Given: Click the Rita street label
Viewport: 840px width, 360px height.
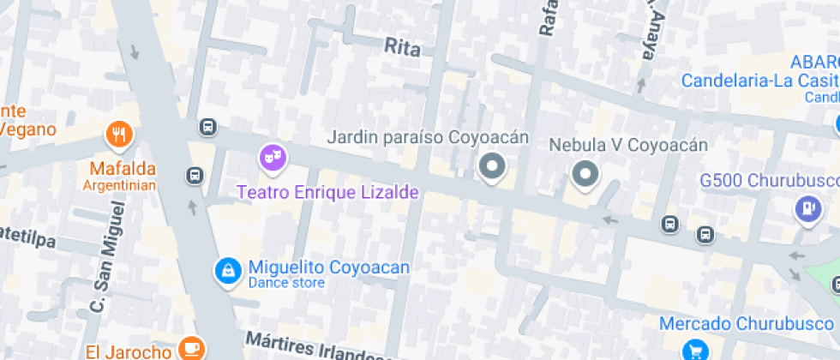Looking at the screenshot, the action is (402, 47).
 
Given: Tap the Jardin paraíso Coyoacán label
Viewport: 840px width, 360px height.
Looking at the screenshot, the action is (428, 137).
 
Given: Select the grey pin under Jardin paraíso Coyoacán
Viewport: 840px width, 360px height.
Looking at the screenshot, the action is (492, 167).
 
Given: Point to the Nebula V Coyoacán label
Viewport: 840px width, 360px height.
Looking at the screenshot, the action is (628, 144).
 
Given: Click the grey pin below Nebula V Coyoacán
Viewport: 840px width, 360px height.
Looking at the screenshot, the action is (586, 175).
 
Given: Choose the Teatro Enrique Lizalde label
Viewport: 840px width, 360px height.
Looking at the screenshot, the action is (327, 192).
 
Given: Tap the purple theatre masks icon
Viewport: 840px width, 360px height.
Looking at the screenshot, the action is (273, 157).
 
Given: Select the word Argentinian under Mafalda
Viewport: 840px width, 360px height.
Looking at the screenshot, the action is (119, 185).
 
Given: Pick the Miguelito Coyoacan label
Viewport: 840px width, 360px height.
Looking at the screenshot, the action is (328, 267).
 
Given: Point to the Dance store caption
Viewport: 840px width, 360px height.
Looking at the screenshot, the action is (286, 284).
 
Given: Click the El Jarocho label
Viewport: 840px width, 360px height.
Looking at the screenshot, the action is (129, 351).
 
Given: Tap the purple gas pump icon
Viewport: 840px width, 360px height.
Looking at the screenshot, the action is (807, 209).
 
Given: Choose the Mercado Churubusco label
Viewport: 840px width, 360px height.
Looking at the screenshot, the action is (746, 323).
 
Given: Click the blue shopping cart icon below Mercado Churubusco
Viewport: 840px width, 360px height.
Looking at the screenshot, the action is (695, 350).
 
